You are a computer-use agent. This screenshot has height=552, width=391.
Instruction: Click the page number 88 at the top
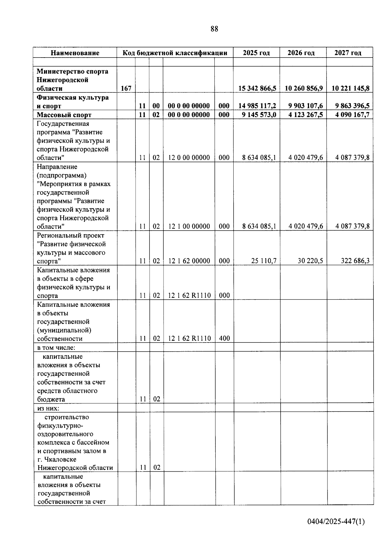214,29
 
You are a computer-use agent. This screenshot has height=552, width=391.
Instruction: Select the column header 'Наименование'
75,53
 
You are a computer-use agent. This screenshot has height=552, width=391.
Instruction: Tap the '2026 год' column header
301,53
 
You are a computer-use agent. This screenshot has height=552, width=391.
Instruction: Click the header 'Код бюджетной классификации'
175,53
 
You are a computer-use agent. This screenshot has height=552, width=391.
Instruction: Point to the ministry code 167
126,88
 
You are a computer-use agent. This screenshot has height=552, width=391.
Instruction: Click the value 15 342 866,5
257,88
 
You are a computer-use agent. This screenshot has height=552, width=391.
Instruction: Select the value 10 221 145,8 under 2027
351,88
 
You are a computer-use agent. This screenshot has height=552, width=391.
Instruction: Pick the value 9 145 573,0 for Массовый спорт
259,115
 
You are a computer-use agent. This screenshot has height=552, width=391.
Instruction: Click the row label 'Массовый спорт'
64,115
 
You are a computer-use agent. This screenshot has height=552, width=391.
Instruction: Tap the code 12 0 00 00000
189,158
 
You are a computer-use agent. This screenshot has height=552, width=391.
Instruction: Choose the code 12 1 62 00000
189,261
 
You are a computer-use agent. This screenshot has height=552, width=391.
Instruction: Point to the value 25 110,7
264,261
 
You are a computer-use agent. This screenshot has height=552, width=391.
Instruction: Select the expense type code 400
224,339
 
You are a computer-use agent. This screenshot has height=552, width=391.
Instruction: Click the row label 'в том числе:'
56,347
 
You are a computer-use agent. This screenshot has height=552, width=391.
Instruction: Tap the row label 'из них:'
48,408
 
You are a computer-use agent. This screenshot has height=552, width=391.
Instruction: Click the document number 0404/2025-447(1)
336,522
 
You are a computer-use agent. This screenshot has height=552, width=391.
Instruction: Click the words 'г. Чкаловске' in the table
57,459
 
